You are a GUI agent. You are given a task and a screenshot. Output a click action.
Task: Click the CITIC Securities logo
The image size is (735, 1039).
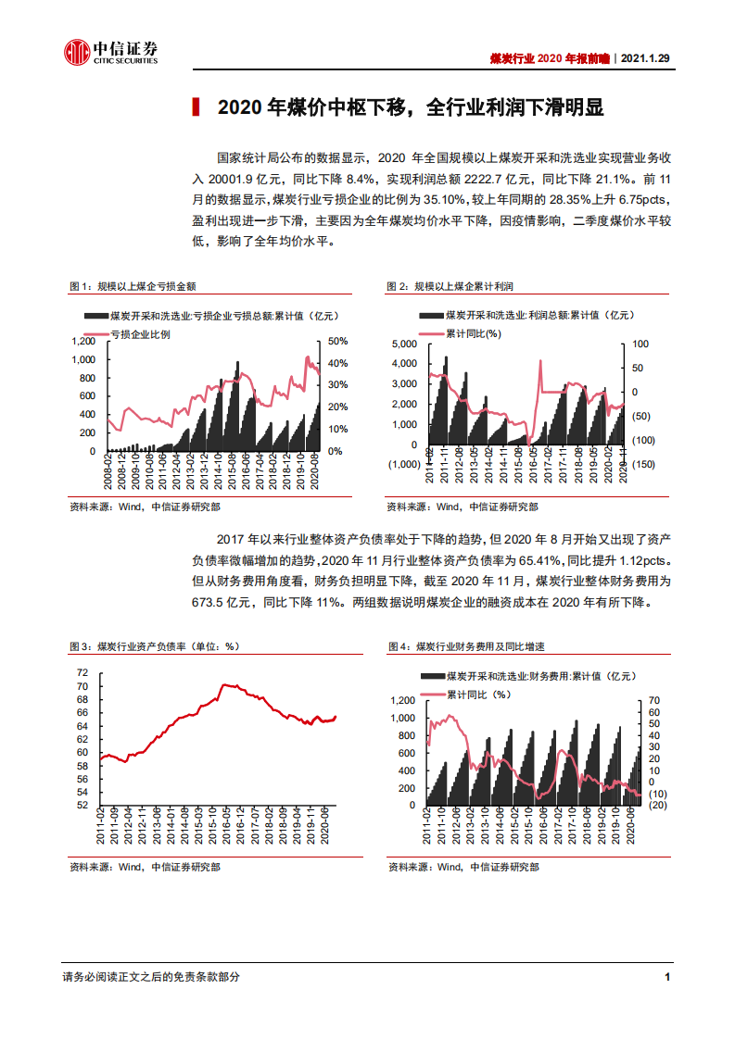(x=110, y=54)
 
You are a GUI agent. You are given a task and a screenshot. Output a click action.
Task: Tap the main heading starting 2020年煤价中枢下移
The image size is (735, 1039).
(x=410, y=108)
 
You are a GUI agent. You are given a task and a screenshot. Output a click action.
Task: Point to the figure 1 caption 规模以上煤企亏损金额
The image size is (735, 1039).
(x=146, y=285)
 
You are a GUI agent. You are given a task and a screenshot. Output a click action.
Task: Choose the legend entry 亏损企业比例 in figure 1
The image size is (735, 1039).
(x=140, y=333)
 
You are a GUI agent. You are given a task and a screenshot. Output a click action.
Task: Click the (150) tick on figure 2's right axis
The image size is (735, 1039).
(x=644, y=464)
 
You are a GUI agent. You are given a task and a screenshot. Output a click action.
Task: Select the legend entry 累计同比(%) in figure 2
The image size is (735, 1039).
(x=473, y=333)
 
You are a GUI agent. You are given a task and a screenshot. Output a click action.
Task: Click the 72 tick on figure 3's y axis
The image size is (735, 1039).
(x=82, y=672)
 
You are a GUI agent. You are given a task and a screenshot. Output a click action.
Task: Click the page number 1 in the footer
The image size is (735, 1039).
(x=667, y=976)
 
